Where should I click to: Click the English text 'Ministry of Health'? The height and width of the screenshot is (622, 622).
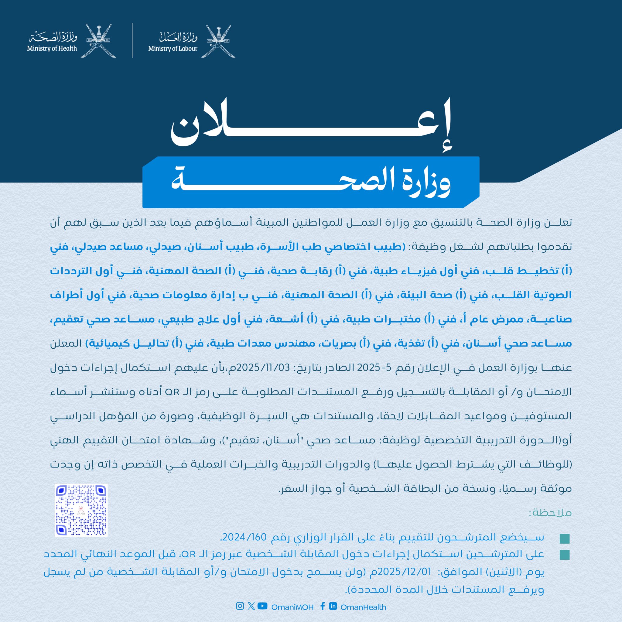click(52, 49)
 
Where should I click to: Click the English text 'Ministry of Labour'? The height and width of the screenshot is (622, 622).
click(173, 49)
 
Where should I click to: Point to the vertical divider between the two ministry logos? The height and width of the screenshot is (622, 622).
click(132, 41)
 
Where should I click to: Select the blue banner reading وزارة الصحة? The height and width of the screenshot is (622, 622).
click(311, 182)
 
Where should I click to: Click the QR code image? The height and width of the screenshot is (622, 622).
click(81, 510)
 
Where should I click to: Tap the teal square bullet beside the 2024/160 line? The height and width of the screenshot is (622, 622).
click(565, 538)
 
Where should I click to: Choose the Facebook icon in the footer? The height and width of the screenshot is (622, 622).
click(322, 606)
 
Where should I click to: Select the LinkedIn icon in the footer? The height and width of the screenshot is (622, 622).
click(333, 606)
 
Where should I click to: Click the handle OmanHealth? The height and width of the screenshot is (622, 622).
click(363, 607)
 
